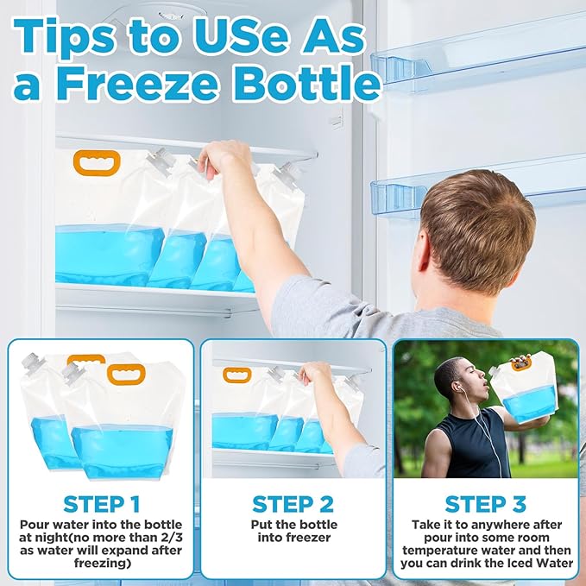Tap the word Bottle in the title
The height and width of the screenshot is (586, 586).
(306, 83)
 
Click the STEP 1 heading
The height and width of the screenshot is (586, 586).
(102, 504)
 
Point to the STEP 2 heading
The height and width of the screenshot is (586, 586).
(293, 504)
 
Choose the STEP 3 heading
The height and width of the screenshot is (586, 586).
(486, 504)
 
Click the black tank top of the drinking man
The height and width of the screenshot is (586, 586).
(471, 444)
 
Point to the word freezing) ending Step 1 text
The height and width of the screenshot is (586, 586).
(103, 564)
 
